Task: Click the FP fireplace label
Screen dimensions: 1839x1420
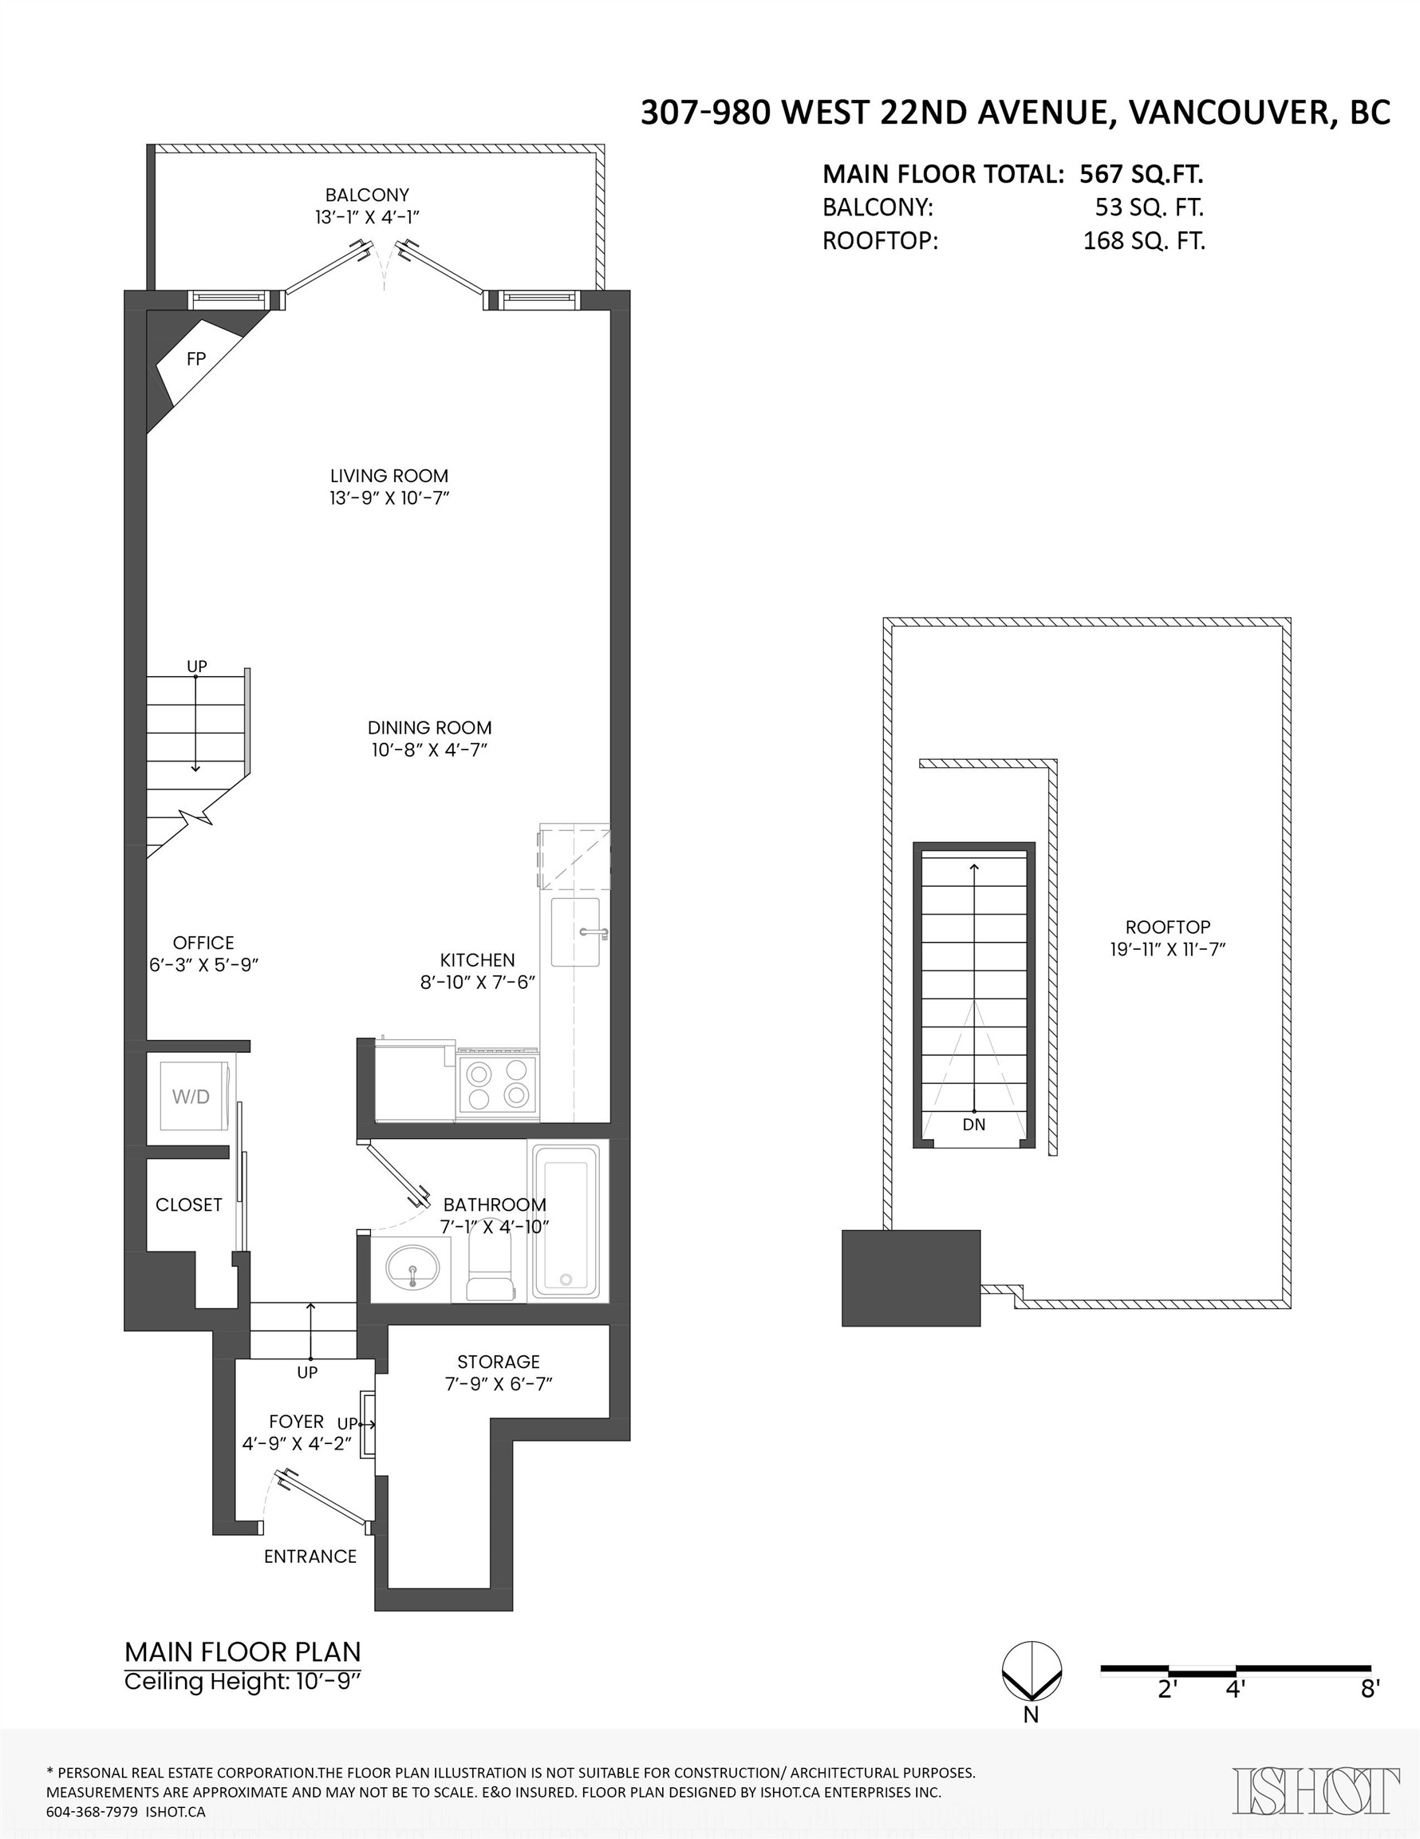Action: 195,358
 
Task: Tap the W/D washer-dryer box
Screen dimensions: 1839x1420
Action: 192,1097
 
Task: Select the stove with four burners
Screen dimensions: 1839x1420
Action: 497,1084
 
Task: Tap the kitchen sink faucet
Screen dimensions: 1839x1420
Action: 594,932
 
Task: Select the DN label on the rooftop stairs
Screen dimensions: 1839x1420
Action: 973,1124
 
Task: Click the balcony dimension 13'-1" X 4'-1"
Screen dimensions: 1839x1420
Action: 367,217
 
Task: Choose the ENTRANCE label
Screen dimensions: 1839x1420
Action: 310,1557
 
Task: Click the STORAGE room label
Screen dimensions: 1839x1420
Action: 499,1362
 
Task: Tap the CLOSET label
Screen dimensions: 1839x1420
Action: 188,1205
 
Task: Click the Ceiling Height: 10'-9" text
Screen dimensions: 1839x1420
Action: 243,1682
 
